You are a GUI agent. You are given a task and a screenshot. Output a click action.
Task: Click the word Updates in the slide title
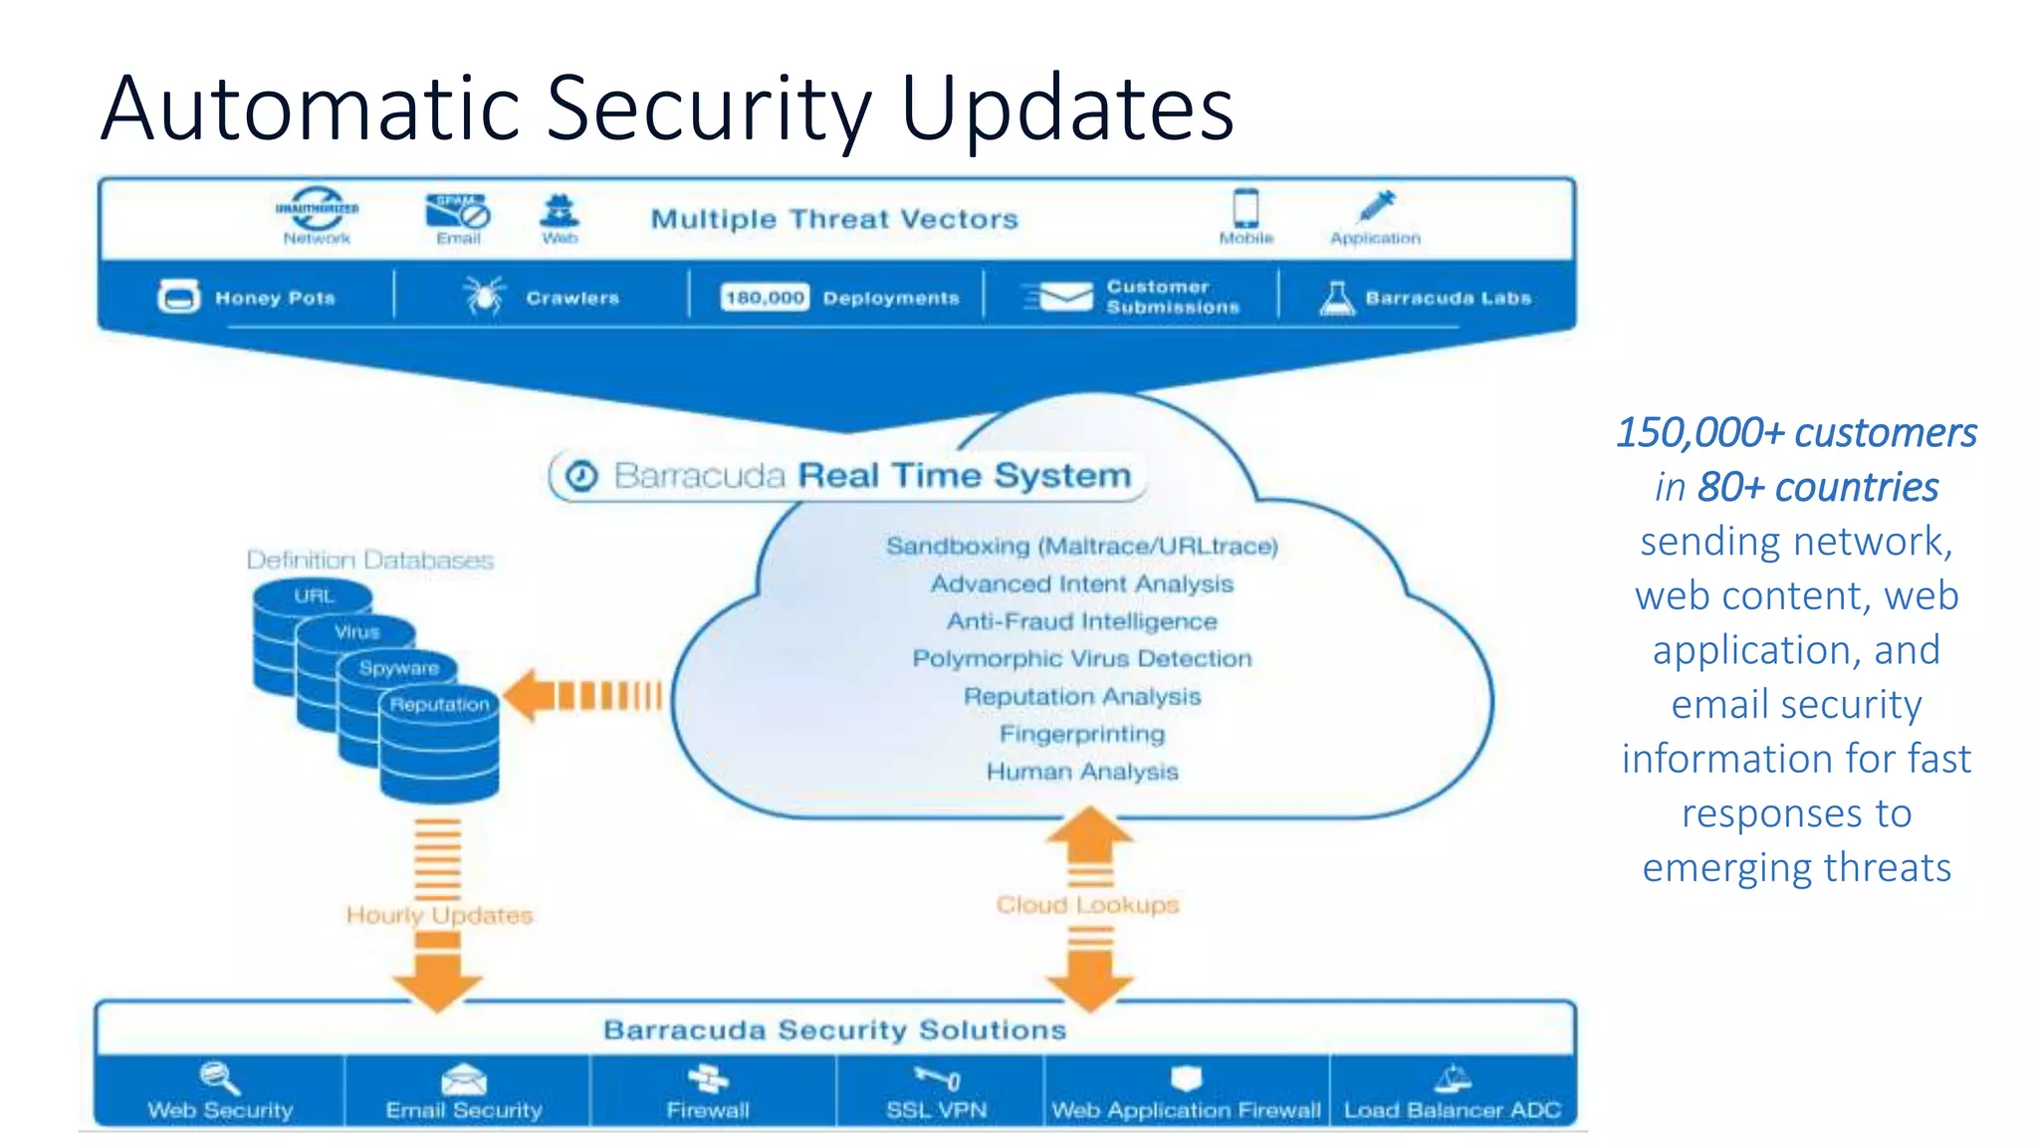1066,110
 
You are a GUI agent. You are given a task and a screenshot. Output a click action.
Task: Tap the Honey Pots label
275,298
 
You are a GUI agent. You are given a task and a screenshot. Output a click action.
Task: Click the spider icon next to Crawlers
485,297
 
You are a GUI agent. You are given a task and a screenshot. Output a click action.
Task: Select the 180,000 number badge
764,298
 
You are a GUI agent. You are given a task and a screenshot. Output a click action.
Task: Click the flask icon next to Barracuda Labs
1336,298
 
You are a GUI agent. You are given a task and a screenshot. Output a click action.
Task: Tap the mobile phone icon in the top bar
1246,208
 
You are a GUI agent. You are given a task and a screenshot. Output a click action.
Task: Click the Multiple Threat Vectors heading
834,219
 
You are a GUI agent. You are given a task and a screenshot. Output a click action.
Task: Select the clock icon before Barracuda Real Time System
582,476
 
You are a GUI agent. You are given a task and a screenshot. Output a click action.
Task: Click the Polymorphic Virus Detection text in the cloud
1081,659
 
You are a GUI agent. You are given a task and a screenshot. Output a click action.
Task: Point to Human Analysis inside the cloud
1081,772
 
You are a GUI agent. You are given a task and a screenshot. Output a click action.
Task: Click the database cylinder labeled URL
313,596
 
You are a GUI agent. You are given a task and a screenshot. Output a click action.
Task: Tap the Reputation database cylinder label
439,705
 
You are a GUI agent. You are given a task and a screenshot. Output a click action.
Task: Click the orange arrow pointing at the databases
582,695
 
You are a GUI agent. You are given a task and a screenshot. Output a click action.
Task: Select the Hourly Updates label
439,914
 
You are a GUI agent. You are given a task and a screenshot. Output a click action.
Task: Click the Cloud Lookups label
1087,904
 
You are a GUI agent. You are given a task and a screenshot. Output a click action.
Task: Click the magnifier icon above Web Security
219,1077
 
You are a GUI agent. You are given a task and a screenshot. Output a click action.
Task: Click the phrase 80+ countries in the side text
1817,487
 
